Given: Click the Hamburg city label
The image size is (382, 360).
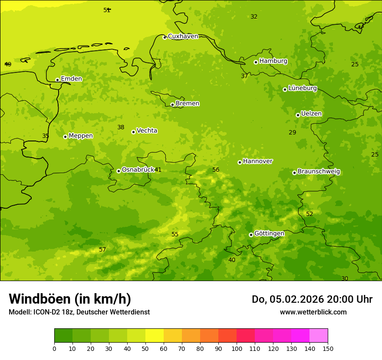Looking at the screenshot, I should click(273, 61).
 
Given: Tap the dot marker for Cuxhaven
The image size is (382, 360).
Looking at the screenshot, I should click(165, 37).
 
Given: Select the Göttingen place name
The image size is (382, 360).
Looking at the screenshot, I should click(269, 233).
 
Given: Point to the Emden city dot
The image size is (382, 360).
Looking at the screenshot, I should click(57, 80).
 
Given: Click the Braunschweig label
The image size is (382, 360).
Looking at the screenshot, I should click(319, 171).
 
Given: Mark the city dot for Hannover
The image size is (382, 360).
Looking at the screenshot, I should click(240, 162).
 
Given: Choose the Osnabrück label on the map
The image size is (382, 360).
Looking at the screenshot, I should click(138, 170).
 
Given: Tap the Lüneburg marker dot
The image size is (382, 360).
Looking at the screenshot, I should click(285, 89).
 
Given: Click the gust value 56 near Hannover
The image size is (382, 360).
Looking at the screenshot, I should click(216, 170).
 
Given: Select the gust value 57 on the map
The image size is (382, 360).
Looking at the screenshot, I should click(102, 249).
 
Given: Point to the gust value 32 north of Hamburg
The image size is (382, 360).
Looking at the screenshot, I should click(254, 17).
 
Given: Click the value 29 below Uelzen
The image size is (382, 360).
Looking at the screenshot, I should click(292, 132).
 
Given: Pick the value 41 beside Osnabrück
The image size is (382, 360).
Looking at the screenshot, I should click(158, 170).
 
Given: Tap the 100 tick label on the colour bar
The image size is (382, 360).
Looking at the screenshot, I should click(237, 348).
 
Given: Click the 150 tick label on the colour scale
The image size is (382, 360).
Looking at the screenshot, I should click(328, 348).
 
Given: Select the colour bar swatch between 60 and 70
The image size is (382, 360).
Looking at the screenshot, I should click(173, 336).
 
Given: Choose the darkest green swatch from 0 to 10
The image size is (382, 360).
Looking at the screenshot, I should click(63, 336).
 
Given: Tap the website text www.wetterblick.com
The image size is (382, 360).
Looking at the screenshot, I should click(313, 312).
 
